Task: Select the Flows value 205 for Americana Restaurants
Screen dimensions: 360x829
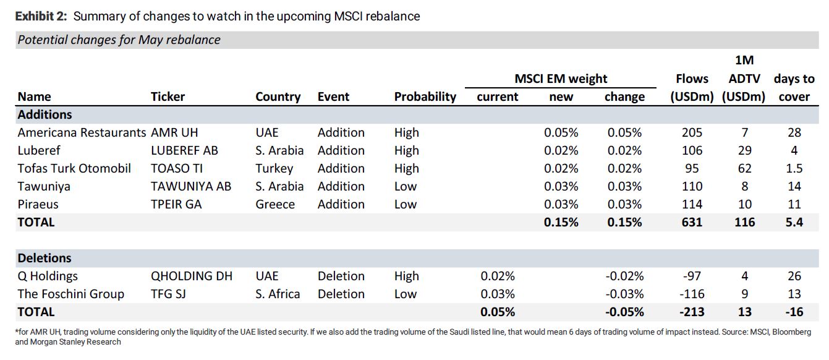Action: [692, 132]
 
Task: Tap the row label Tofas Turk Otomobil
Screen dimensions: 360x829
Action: [74, 168]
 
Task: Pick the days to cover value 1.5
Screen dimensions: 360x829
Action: [794, 168]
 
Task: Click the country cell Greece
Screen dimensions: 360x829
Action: [275, 204]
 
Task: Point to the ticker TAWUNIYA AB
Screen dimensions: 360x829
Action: [191, 186]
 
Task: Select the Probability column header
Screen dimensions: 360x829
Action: [425, 96]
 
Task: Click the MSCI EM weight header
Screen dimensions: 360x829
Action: [561, 79]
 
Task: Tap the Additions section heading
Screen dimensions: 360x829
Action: [45, 114]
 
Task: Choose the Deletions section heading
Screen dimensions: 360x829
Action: [45, 258]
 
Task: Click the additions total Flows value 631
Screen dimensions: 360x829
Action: [692, 222]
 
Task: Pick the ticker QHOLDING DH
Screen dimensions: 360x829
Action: [192, 276]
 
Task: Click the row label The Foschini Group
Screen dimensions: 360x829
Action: [71, 294]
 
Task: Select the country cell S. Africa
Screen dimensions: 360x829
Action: [278, 294]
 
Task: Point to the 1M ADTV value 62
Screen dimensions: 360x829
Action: [745, 168]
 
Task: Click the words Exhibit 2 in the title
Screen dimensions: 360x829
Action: [41, 16]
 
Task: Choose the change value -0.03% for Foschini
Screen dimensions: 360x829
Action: [624, 294]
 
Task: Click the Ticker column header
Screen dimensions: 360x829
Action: [168, 96]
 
